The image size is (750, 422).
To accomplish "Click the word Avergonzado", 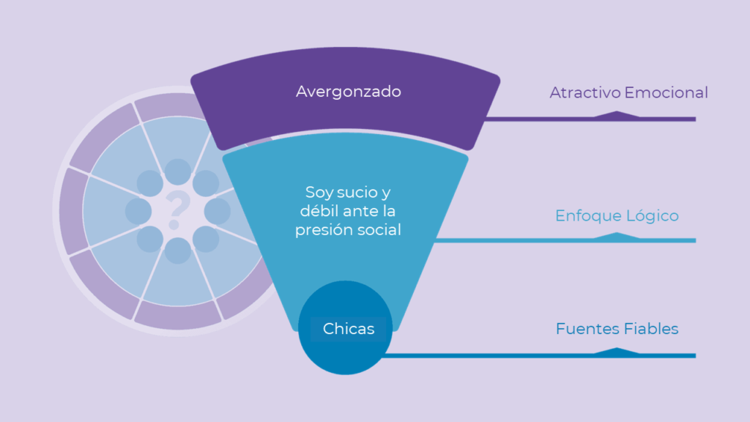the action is (348, 92).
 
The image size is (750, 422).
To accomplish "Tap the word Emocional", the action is (666, 92).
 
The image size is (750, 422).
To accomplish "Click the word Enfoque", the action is (588, 216).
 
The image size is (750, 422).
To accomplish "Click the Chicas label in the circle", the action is (348, 329).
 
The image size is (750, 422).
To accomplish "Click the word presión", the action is (322, 230).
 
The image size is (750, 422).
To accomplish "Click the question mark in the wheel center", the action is (177, 209).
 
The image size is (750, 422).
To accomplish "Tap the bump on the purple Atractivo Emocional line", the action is (617, 114).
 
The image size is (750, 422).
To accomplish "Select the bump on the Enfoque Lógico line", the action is (617, 235).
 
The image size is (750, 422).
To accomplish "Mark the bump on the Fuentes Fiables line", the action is (617, 351).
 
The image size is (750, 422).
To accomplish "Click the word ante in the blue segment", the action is (360, 212).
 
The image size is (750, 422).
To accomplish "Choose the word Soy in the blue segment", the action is (319, 193).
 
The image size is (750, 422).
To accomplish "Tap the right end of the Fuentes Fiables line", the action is (696, 355).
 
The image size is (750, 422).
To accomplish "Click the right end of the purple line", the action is (696, 119).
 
